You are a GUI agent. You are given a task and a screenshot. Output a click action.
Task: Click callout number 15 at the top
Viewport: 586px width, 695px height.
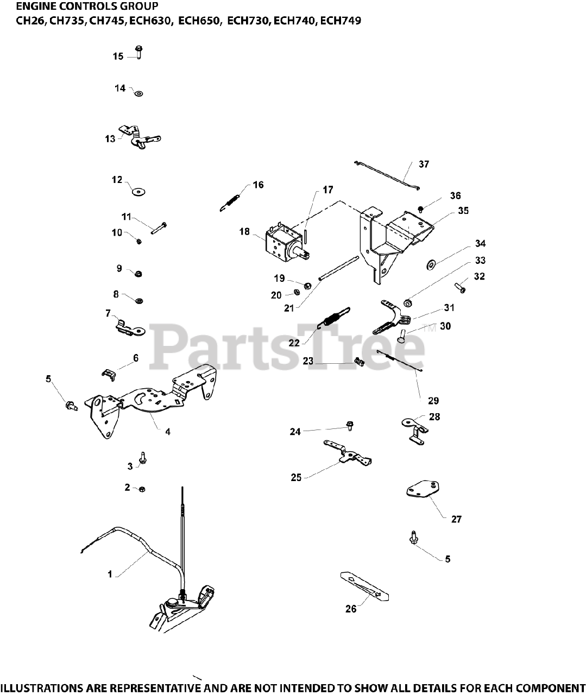[118, 56]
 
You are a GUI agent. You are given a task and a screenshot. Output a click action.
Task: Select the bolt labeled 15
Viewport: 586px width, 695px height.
[138, 52]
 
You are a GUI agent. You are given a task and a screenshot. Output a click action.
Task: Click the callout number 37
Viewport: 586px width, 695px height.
[424, 164]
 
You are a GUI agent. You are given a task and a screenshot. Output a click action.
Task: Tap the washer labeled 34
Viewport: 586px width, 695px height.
[431, 264]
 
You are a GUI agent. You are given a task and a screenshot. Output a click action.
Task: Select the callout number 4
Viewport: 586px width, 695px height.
[168, 432]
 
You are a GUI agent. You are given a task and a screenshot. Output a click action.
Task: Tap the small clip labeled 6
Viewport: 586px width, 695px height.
[110, 373]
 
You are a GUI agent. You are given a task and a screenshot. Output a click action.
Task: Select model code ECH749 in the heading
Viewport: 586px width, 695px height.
[341, 21]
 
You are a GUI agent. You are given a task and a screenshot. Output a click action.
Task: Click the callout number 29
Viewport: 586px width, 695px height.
[433, 401]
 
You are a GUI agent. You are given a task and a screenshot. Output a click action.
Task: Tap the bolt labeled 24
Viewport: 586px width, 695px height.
[350, 425]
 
